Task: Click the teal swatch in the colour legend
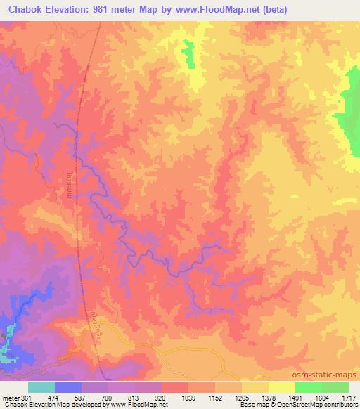pyautogui.click(x=41, y=387)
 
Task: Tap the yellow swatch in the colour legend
pyautogui.click(x=281, y=387)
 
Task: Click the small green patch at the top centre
pyautogui.click(x=188, y=53)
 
